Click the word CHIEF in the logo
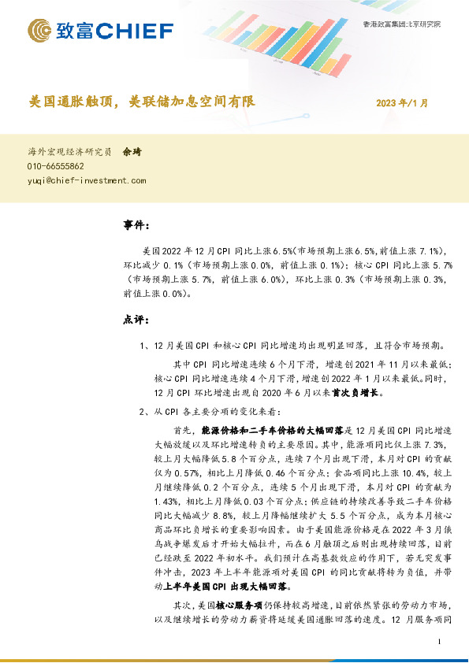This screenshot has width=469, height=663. (x=135, y=31)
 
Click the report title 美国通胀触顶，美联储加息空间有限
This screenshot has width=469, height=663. (x=142, y=102)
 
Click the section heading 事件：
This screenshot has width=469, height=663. (x=136, y=226)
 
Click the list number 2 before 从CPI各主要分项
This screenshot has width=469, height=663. (x=141, y=412)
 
